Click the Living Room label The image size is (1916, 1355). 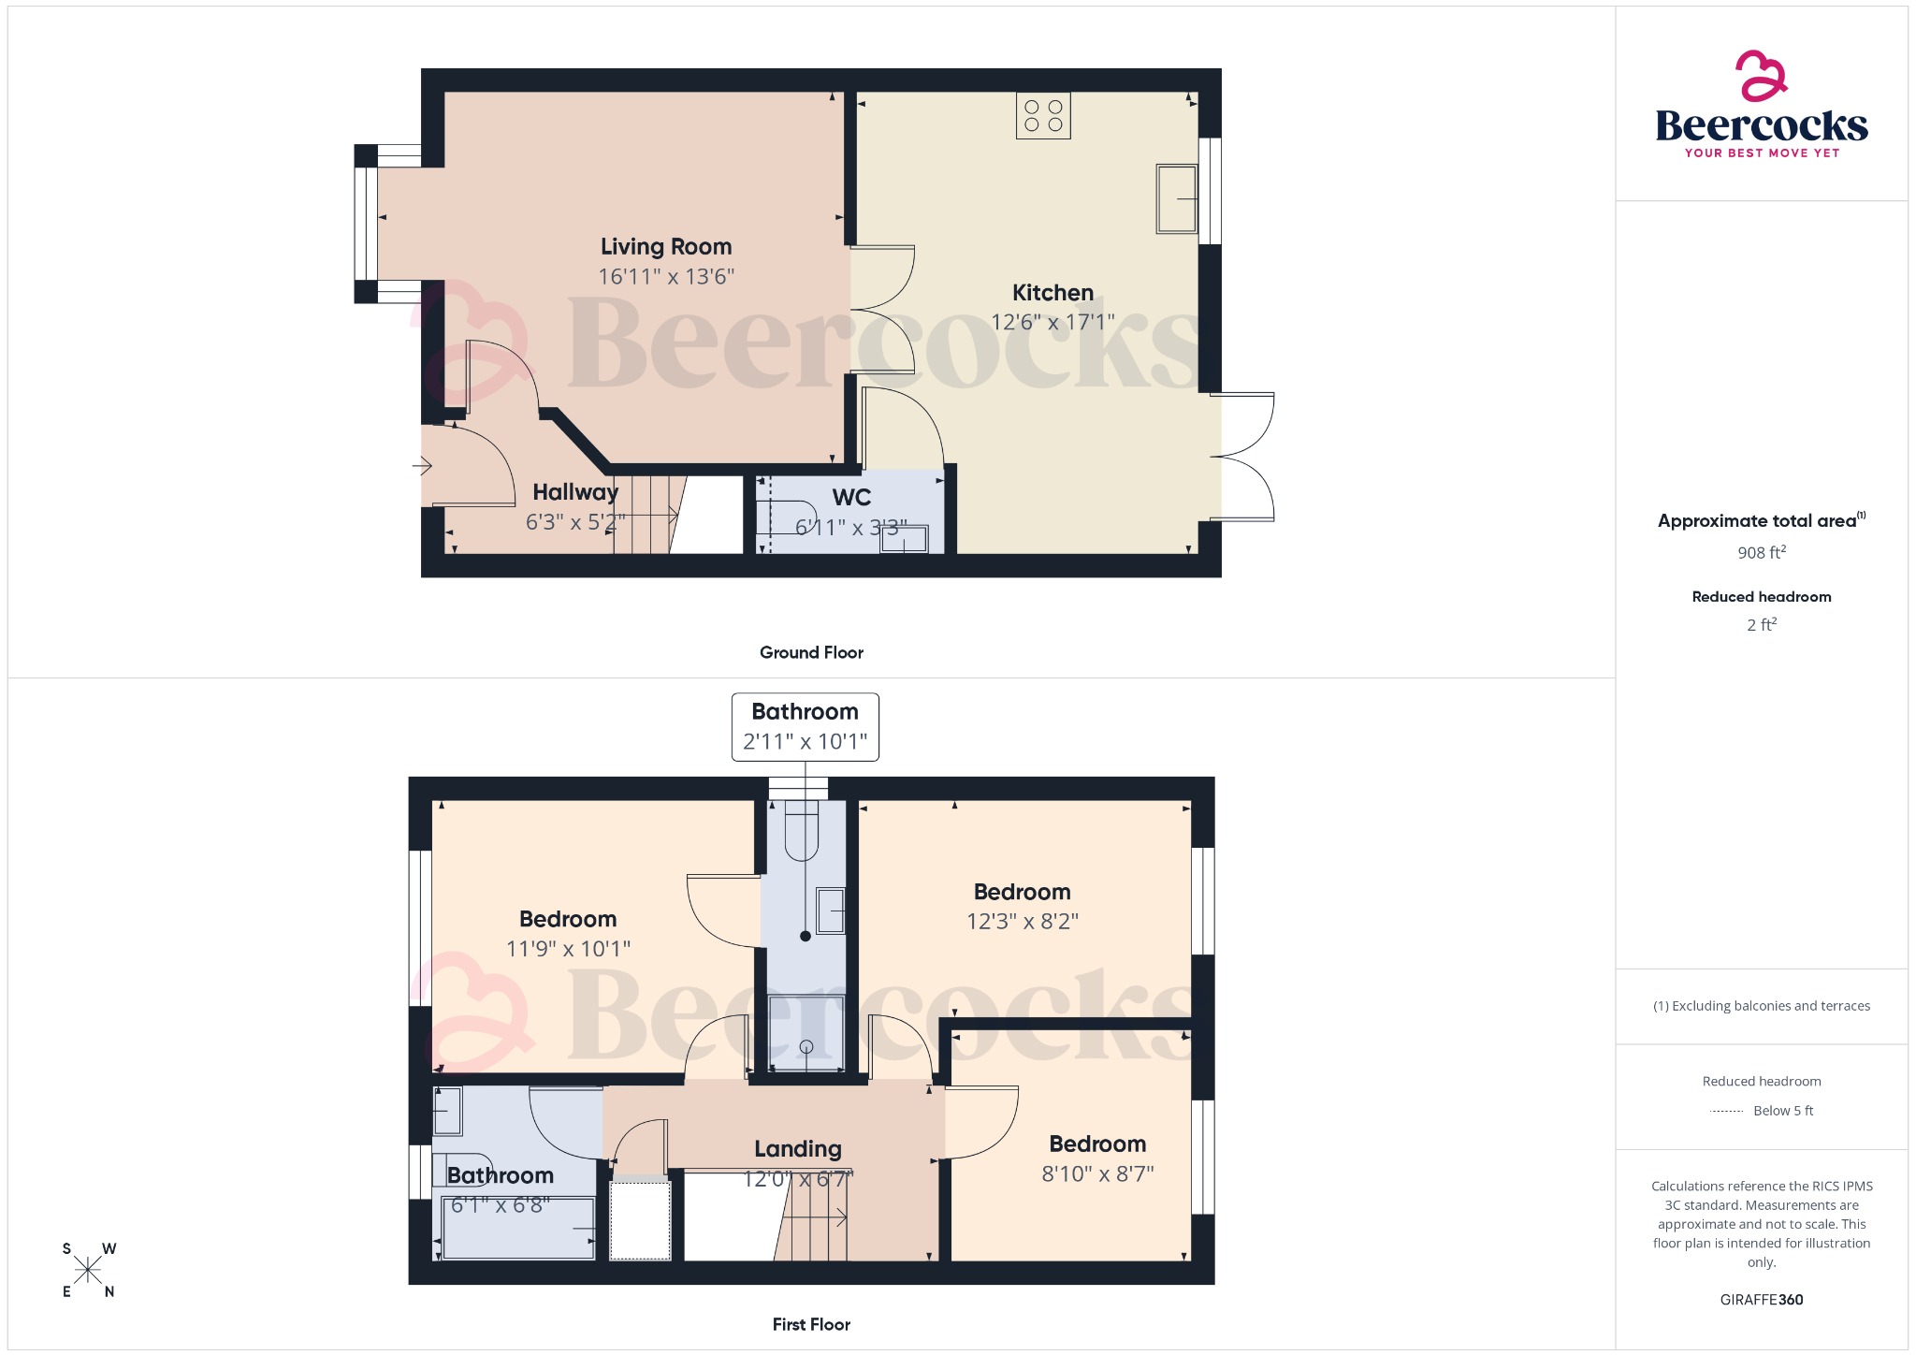[665, 247]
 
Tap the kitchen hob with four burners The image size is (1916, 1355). [1043, 116]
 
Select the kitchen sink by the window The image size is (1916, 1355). [1177, 198]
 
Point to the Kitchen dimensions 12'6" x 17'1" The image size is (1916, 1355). [1052, 323]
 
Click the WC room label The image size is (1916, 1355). [851, 498]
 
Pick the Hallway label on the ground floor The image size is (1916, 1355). [575, 492]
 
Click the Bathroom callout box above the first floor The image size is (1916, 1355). [805, 727]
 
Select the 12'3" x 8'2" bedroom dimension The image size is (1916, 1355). [1022, 922]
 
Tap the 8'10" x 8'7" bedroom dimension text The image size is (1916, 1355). [1097, 1174]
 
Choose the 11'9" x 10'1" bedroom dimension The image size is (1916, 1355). [568, 949]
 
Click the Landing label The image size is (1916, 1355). [798, 1149]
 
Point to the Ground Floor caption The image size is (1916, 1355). [811, 653]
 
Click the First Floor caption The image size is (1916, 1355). [811, 1325]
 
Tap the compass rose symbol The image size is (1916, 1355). [89, 1270]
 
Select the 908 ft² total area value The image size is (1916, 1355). [1761, 553]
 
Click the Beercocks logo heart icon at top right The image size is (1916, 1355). [1761, 76]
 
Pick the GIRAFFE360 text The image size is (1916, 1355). [1761, 1300]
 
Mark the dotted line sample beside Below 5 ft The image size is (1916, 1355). [1726, 1112]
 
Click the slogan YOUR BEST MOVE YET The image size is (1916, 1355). [1762, 153]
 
